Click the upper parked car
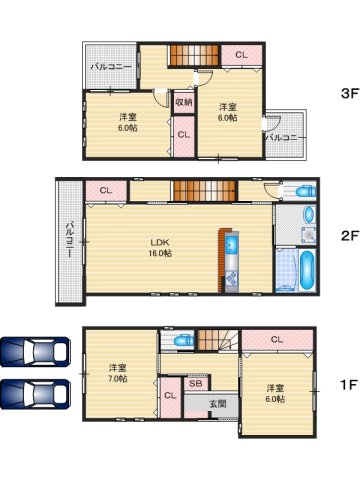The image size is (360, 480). tap(35, 353)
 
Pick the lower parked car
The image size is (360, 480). tap(35, 392)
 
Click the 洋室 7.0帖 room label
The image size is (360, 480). tap(118, 372)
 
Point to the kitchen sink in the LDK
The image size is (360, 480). tap(232, 245)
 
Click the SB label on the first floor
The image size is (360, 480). tap(195, 383)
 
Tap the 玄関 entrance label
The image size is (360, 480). tap(217, 403)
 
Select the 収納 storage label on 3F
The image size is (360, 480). tap(183, 101)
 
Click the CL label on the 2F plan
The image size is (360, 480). tap(105, 190)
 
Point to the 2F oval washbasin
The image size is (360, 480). tap(308, 214)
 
